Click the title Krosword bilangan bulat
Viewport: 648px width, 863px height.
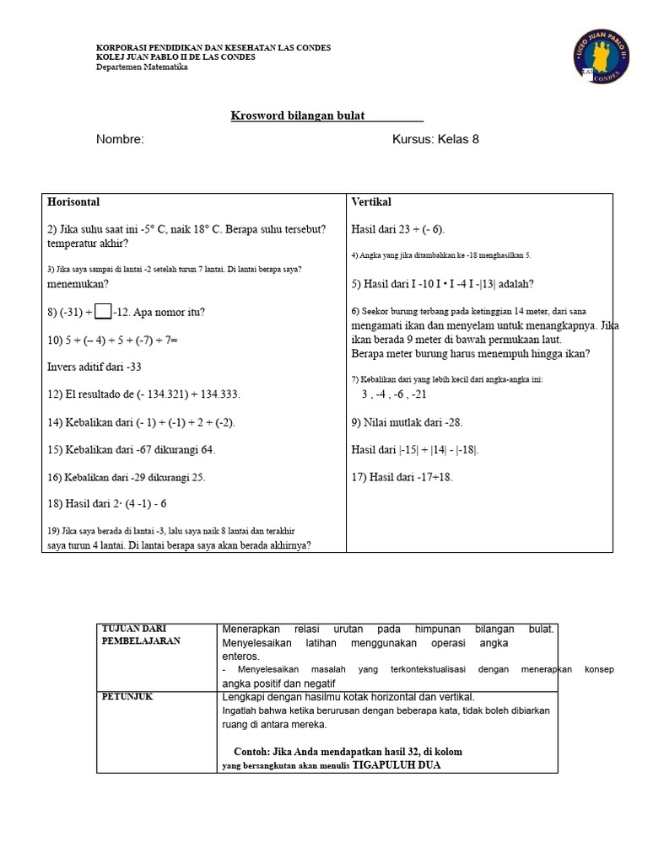click(298, 115)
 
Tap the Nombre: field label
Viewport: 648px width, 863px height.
click(120, 139)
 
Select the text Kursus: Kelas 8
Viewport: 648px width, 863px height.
click(435, 139)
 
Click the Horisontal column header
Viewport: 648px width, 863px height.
click(74, 202)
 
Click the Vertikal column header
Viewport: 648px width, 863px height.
click(371, 202)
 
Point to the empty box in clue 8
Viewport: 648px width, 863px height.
click(103, 312)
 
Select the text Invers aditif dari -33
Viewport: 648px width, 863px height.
click(94, 367)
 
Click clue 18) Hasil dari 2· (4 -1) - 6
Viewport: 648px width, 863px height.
click(107, 504)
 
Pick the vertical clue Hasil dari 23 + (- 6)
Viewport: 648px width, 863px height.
click(398, 229)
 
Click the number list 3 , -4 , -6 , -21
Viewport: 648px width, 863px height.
click(394, 394)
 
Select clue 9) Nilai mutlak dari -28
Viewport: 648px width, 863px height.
click(407, 422)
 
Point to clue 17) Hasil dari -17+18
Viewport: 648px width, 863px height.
click(402, 477)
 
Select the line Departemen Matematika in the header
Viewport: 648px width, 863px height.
click(142, 67)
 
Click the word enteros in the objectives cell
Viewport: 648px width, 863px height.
click(241, 656)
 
